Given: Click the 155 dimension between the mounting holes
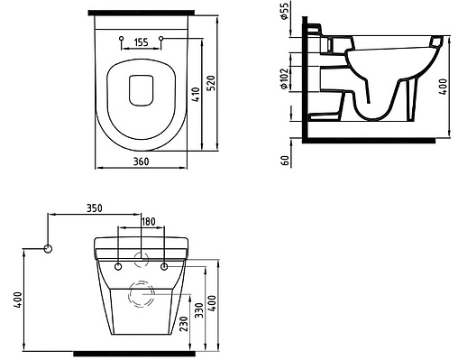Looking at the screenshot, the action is tap(141, 42).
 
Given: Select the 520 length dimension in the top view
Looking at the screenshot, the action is tap(212, 83).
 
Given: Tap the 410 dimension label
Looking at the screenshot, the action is tap(196, 95).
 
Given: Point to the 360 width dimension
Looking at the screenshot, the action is tap(141, 162).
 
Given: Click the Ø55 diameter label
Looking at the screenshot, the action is tap(284, 11).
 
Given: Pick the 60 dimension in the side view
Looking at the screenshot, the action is tap(286, 161).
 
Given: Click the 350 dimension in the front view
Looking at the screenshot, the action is tap(95, 208).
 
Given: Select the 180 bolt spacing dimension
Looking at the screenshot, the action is tap(149, 222).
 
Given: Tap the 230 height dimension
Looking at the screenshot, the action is tap(184, 324).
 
